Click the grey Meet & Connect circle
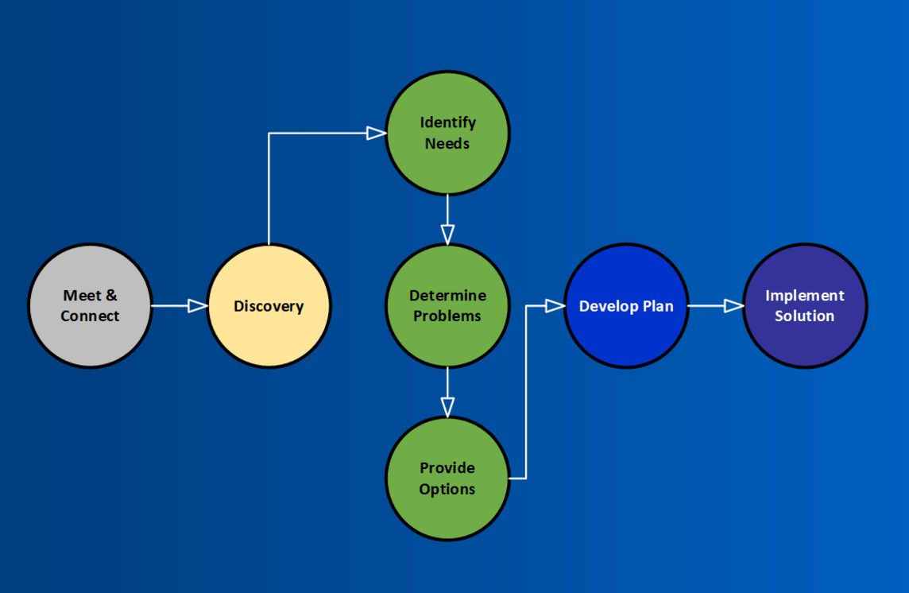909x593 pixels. click(x=90, y=306)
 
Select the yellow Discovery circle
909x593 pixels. click(x=269, y=306)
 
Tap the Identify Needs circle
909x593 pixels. click(x=447, y=133)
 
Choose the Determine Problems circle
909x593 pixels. click(x=447, y=306)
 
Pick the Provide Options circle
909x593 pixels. click(x=447, y=479)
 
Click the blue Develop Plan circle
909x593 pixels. click(x=626, y=306)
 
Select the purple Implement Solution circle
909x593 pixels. click(x=805, y=306)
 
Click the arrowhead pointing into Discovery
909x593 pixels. click(x=198, y=306)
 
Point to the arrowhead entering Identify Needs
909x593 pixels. click(x=377, y=134)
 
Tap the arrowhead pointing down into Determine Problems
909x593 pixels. click(x=447, y=235)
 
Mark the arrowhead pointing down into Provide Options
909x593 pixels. click(x=447, y=407)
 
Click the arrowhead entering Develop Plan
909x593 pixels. click(x=555, y=306)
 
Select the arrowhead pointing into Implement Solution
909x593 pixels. click(x=734, y=306)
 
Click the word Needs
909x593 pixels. click(x=447, y=143)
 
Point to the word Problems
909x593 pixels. click(x=447, y=316)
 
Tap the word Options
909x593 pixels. click(x=447, y=489)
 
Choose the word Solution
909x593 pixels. click(x=805, y=316)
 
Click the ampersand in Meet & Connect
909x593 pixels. click(x=111, y=296)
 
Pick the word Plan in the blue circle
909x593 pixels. click(x=658, y=306)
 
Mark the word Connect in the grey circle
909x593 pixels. click(x=90, y=316)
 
